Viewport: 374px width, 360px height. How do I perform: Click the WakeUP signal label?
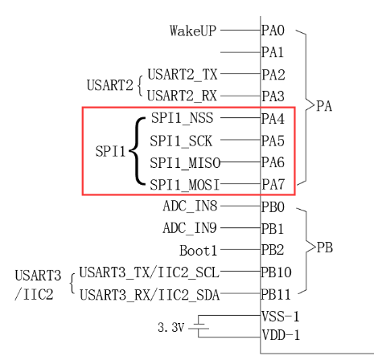click(x=193, y=31)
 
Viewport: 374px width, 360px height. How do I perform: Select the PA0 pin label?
click(x=273, y=31)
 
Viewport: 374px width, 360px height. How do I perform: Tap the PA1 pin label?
click(x=273, y=53)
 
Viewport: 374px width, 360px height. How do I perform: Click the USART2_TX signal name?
click(x=183, y=75)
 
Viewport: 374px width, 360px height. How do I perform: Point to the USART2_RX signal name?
click(x=183, y=96)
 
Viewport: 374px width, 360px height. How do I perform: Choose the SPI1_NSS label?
click(x=181, y=118)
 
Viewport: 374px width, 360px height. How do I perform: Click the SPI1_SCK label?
click(x=181, y=140)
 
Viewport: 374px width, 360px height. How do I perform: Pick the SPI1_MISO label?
click(x=185, y=162)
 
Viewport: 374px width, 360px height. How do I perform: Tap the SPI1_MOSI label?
click(x=185, y=184)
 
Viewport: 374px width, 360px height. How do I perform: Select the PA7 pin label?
click(x=273, y=184)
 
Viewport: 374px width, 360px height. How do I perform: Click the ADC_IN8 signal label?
click(x=189, y=207)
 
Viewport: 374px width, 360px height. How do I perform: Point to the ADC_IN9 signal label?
click(x=189, y=228)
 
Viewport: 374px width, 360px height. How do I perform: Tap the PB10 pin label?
click(x=277, y=272)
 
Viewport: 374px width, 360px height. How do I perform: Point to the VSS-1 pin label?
click(x=279, y=317)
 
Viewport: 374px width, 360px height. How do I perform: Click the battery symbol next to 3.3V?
click(x=201, y=327)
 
